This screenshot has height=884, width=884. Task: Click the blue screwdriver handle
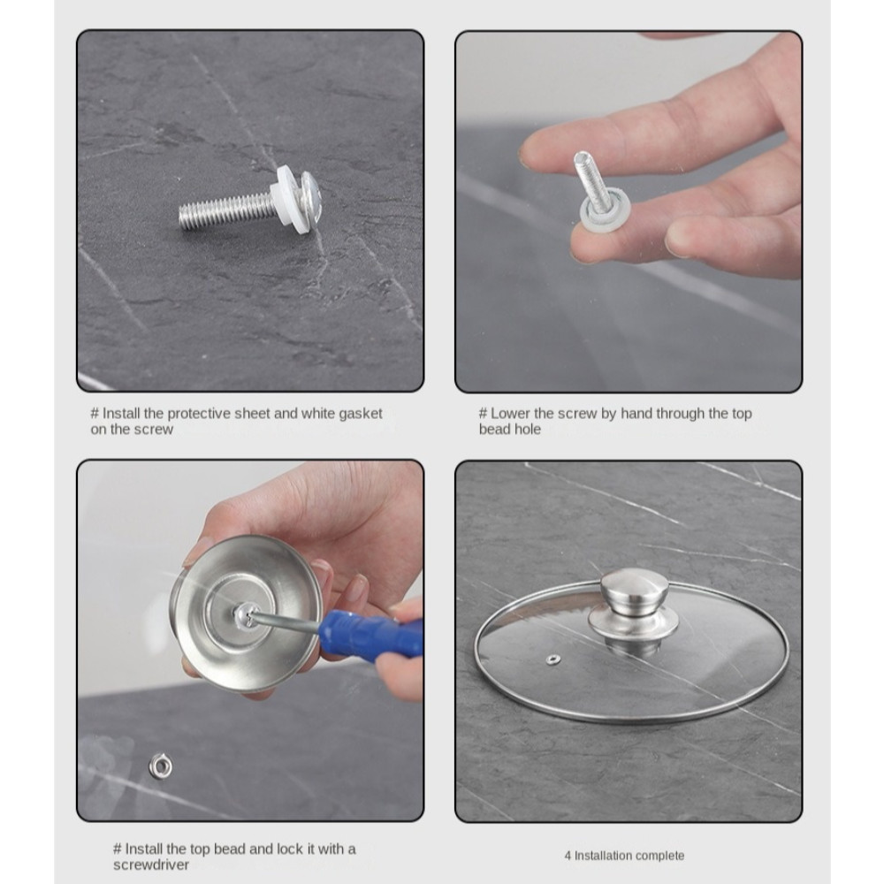tap(370, 635)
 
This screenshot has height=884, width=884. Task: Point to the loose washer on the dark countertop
tap(161, 766)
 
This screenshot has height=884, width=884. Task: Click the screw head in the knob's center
tap(245, 616)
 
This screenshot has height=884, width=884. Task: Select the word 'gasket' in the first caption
tap(361, 414)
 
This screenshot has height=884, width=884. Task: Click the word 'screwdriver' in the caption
tap(151, 865)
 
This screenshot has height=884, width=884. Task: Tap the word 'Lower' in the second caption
tap(510, 413)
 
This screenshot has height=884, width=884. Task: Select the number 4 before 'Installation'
tap(568, 856)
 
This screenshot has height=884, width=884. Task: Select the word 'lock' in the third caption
tap(289, 849)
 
